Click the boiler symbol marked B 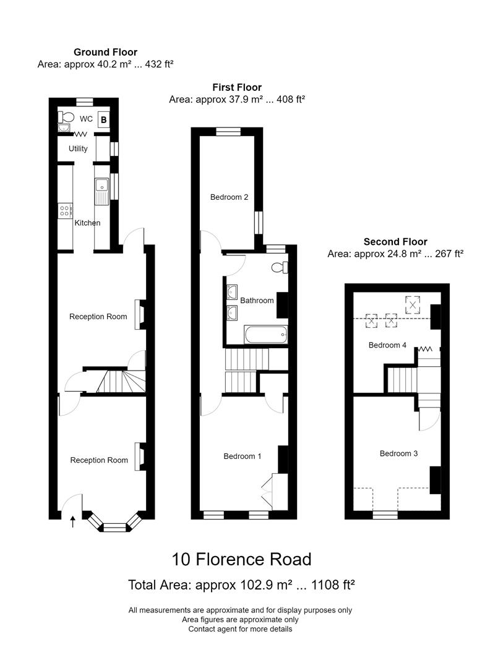click(x=104, y=119)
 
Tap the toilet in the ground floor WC click(x=67, y=116)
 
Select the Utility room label click(x=79, y=148)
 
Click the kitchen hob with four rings click(x=64, y=211)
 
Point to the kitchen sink click(x=101, y=189)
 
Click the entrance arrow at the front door click(x=73, y=521)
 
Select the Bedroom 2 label click(x=229, y=197)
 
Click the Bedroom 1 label click(x=243, y=456)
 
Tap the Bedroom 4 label click(x=387, y=345)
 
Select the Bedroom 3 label click(x=398, y=453)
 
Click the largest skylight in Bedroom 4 click(x=413, y=304)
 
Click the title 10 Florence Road click(x=241, y=560)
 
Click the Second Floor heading click(x=395, y=242)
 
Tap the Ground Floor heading click(x=105, y=52)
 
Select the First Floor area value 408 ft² click(x=284, y=99)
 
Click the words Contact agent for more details click(x=240, y=629)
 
